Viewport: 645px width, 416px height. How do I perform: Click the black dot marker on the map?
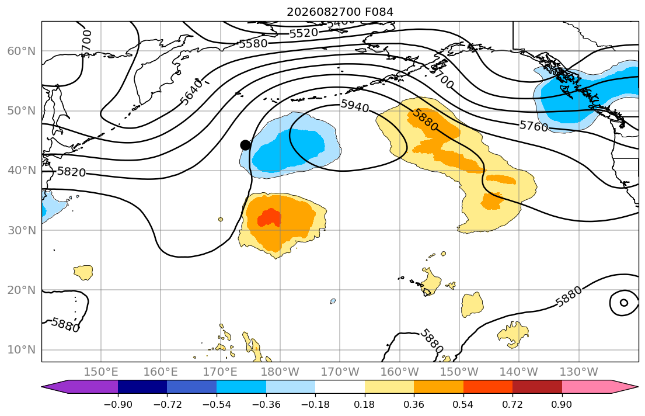245,145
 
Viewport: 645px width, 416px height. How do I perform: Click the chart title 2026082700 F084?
340,12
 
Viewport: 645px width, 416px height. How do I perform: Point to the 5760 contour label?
534,126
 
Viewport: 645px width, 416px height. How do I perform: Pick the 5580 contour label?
253,43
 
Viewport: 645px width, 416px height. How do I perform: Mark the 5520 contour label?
304,33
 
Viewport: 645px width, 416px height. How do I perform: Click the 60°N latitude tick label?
22,51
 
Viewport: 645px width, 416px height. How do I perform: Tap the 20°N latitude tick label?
22,290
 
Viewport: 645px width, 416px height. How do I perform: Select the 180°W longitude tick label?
281,372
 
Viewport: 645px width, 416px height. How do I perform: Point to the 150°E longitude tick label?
101,372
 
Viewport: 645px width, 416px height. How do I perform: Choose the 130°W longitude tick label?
579,372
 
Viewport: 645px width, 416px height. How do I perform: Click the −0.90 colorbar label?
118,404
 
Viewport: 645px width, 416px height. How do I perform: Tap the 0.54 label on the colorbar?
463,404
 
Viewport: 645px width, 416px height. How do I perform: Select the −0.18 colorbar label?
315,404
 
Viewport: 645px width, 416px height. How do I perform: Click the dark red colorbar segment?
537,387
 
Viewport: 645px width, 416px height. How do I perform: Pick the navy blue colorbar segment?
142,387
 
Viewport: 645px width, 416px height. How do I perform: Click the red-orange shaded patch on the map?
270,218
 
